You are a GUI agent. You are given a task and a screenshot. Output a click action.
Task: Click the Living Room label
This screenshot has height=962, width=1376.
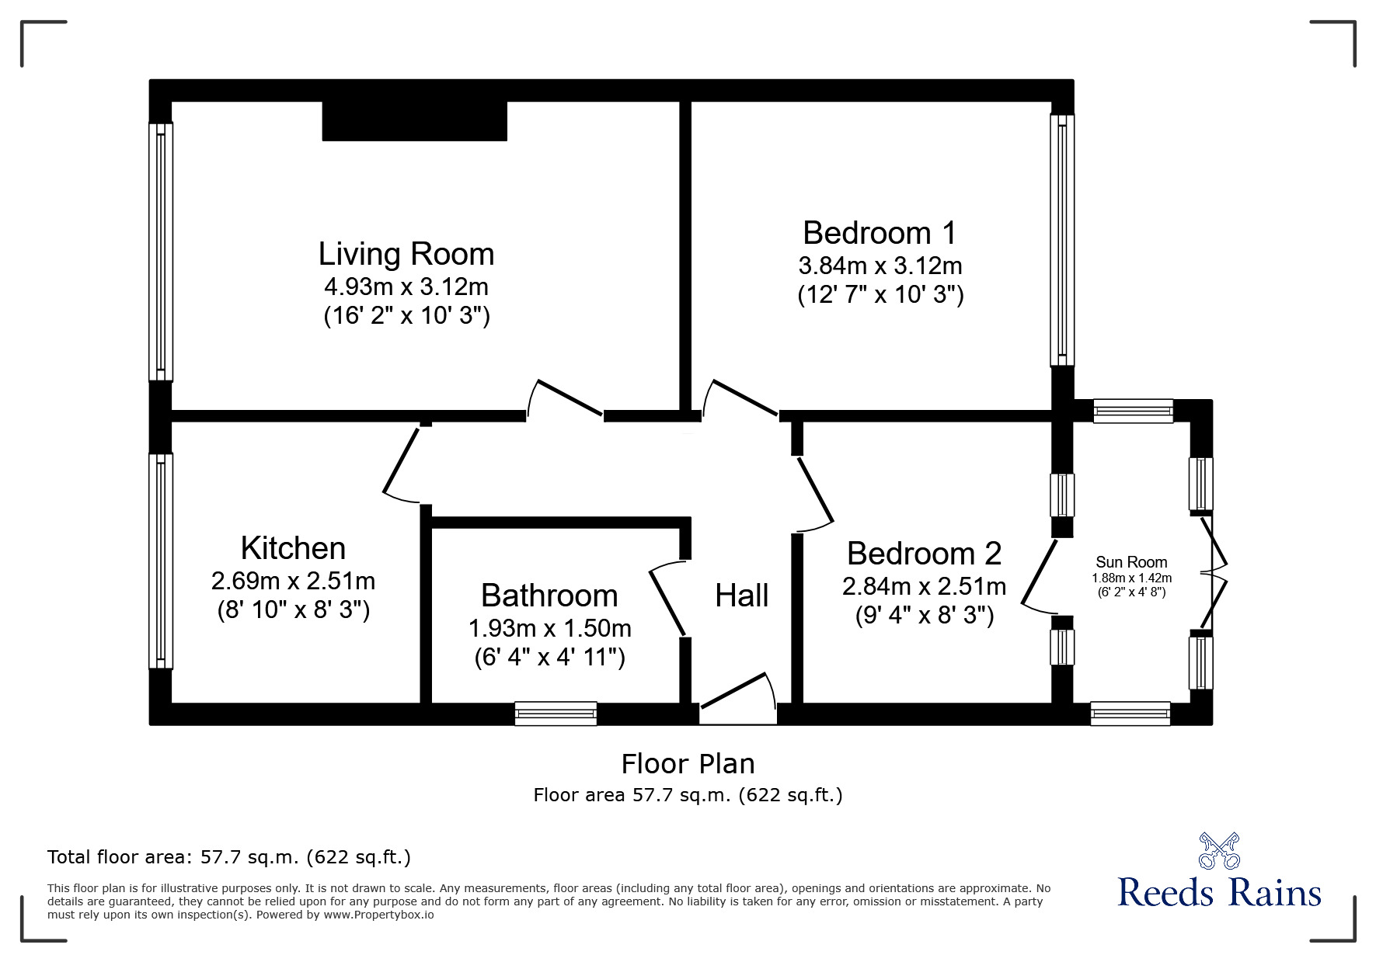point(406,254)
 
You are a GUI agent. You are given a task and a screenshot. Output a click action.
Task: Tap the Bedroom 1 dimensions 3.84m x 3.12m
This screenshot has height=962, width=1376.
point(880,266)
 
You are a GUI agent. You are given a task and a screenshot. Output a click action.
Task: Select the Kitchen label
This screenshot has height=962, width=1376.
point(293,548)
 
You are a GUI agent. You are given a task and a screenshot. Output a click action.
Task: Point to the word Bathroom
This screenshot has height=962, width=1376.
point(549,596)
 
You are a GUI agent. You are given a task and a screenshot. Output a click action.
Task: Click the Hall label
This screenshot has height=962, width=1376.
point(742,596)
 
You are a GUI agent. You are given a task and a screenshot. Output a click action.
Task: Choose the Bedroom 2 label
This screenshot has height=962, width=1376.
point(924,554)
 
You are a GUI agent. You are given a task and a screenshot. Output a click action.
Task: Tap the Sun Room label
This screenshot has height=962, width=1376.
point(1131,562)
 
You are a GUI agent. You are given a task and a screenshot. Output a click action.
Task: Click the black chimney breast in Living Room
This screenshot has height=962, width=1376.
point(415,121)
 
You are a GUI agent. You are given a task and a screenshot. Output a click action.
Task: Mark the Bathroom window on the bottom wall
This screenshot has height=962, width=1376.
point(556,714)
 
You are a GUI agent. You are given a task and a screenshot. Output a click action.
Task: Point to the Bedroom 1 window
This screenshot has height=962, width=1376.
point(1062,240)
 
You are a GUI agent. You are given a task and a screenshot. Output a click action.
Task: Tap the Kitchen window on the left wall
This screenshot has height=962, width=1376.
point(161,561)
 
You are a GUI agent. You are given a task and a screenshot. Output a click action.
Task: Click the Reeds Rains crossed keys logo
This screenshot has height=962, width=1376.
point(1219,851)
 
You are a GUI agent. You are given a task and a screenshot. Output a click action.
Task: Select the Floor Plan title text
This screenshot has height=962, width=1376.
point(688,764)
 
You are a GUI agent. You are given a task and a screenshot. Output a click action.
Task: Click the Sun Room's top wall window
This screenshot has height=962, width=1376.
point(1133,411)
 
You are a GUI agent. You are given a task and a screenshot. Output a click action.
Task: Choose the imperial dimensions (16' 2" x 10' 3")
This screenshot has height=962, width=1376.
point(406,316)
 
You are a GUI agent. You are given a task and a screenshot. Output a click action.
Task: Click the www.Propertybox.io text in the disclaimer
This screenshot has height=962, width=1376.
point(378,915)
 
